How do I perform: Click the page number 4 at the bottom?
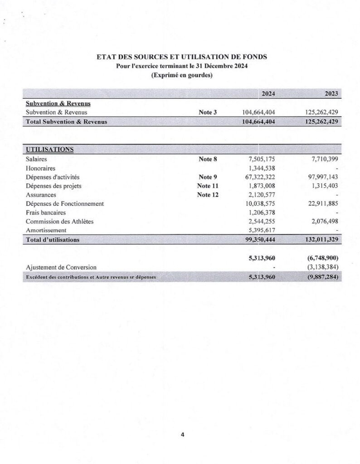click(182, 435)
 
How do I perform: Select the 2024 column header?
click(267, 94)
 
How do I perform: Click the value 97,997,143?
click(323, 177)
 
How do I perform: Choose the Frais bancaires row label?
click(46, 213)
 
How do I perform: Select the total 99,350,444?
click(260, 240)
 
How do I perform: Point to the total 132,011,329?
click(321, 240)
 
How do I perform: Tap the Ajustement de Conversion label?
click(61, 267)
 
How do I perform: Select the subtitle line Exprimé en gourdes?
click(182, 76)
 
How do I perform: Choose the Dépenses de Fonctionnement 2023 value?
click(323, 203)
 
